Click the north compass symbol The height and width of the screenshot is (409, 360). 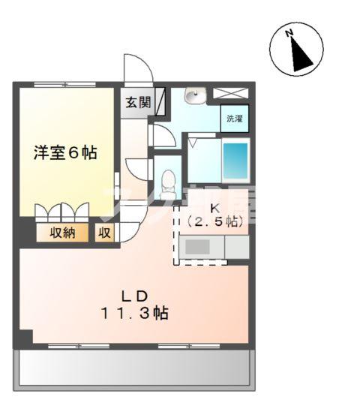[x=296, y=50]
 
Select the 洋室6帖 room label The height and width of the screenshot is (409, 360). [x=65, y=152]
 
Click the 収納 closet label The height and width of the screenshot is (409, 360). [x=63, y=233]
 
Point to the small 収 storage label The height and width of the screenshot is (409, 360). [x=104, y=233]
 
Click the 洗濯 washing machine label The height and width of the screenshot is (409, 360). [x=235, y=118]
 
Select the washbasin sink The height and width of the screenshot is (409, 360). [x=196, y=97]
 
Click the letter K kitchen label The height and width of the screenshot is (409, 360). [x=214, y=208]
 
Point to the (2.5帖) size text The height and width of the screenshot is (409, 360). [x=214, y=221]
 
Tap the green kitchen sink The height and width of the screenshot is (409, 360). [x=200, y=246]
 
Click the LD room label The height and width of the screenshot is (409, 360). [x=135, y=294]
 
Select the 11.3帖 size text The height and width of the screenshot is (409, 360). [x=135, y=314]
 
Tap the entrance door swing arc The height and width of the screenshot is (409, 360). [x=139, y=69]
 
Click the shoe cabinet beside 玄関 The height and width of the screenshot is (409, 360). [x=161, y=102]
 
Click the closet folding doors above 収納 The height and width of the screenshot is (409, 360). [x=63, y=211]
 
